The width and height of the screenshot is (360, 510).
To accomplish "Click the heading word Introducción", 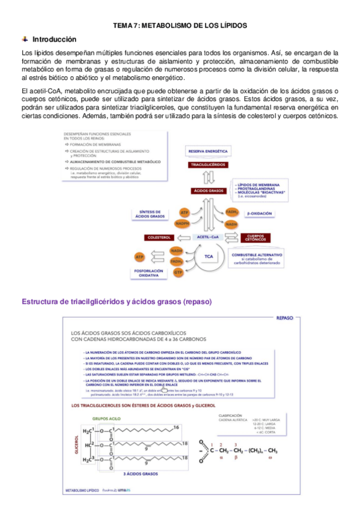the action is (x=54, y=38).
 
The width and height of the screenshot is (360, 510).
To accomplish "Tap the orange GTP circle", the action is (x=178, y=272).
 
